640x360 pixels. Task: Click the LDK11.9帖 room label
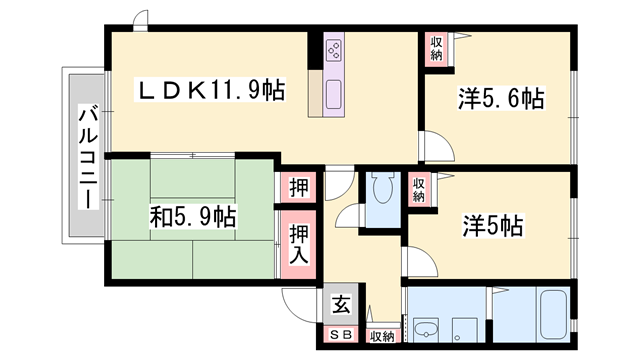pyautogui.click(x=211, y=91)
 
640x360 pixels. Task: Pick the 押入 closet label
pyautogui.click(x=299, y=244)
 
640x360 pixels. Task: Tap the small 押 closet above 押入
pyautogui.click(x=299, y=187)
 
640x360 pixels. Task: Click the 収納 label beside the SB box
pyautogui.click(x=381, y=336)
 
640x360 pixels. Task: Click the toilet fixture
pyautogui.click(x=380, y=190)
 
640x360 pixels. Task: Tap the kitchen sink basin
pyautogui.click(x=333, y=98)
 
